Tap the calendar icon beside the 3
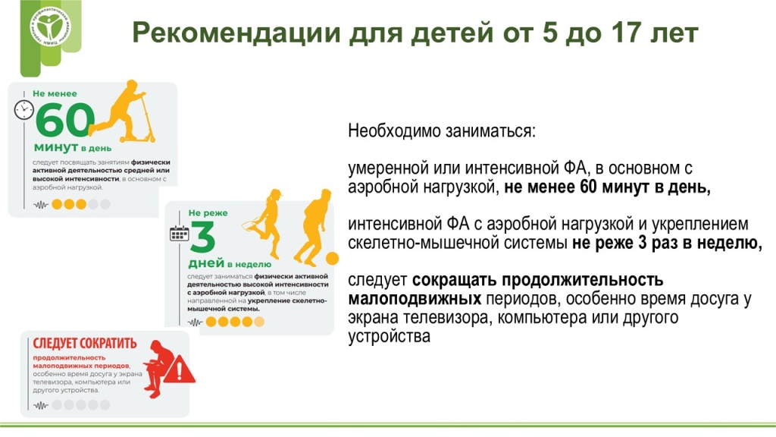[x=179, y=233]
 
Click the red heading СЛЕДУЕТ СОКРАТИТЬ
[x=80, y=341]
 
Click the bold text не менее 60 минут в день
[x=607, y=187]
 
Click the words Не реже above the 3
[x=208, y=213]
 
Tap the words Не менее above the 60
[x=55, y=93]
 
